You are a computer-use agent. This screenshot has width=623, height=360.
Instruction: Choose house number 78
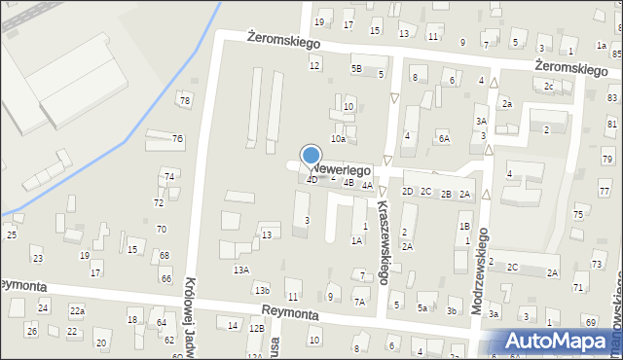(x=185, y=101)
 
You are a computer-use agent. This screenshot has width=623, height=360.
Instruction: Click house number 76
(x=177, y=138)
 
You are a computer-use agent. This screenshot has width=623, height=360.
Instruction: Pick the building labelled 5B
(x=357, y=69)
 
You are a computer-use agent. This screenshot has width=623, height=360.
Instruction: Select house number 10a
(x=338, y=139)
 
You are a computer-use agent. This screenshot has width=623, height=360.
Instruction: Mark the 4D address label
(x=311, y=180)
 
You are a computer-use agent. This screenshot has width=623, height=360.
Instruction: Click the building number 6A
(x=444, y=139)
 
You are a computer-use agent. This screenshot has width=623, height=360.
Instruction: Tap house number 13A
(x=240, y=270)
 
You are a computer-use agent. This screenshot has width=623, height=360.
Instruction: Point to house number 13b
(x=261, y=290)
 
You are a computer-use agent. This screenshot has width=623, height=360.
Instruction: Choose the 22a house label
(x=77, y=310)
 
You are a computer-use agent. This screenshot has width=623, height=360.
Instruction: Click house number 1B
(x=464, y=227)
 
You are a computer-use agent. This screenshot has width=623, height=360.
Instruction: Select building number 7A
(x=359, y=303)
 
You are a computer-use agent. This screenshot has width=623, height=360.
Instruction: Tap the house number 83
(x=611, y=98)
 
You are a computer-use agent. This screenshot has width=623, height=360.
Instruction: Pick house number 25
(x=12, y=234)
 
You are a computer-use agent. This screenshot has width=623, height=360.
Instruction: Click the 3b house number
(x=452, y=311)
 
